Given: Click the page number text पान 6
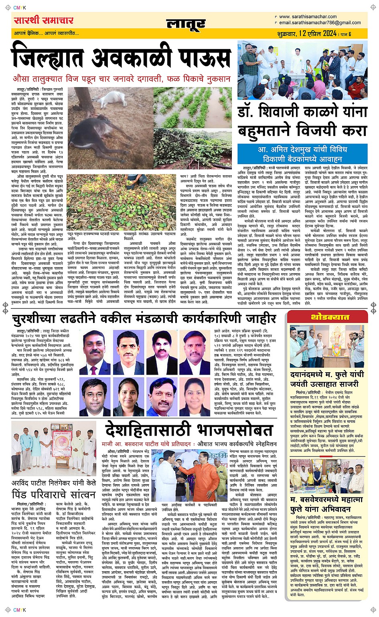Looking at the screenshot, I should pos(346,34).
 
